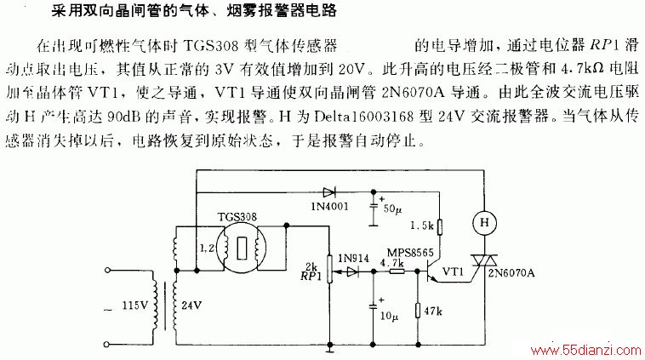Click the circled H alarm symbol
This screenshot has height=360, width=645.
[484, 223]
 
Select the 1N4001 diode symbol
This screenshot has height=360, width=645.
[329, 192]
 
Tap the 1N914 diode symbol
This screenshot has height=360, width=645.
[352, 271]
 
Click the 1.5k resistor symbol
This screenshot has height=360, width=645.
[439, 227]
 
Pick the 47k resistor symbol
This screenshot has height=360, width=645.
[418, 311]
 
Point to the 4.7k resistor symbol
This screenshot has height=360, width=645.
[397, 271]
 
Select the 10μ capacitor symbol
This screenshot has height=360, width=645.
[373, 306]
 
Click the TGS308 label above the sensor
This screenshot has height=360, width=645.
[237, 217]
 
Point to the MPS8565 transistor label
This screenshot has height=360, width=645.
[410, 253]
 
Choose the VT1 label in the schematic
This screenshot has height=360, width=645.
[453, 271]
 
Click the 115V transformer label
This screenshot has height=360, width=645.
[134, 306]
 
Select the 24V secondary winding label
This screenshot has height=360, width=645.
[191, 306]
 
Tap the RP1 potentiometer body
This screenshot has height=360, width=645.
[329, 269]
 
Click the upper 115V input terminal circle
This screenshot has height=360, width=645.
[107, 271]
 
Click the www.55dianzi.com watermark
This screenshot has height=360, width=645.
[585, 351]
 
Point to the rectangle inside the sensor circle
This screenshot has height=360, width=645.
[242, 249]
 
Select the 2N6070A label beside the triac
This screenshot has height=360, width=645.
[511, 272]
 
